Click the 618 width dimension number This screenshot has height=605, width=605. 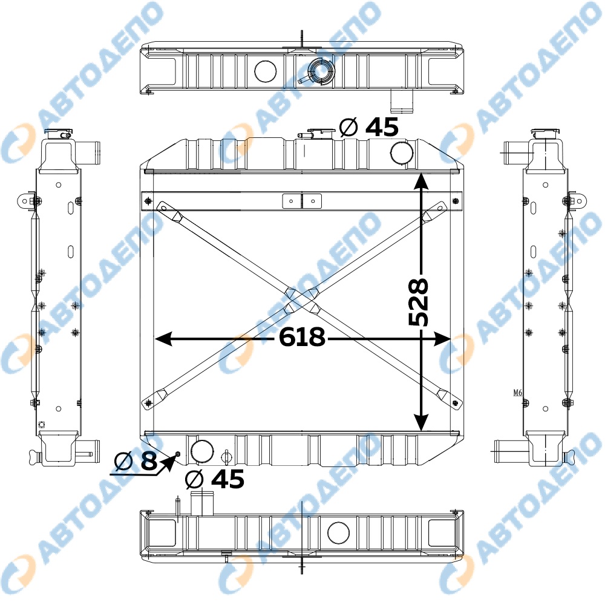[x=302, y=337]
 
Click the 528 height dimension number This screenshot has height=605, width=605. [x=418, y=302]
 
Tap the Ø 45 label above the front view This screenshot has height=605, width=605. [x=369, y=127]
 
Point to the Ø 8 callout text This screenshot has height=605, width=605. [x=136, y=460]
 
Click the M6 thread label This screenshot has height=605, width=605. [x=518, y=393]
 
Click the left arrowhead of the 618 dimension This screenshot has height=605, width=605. [x=163, y=339]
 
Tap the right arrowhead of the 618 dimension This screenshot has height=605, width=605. [x=442, y=339]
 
